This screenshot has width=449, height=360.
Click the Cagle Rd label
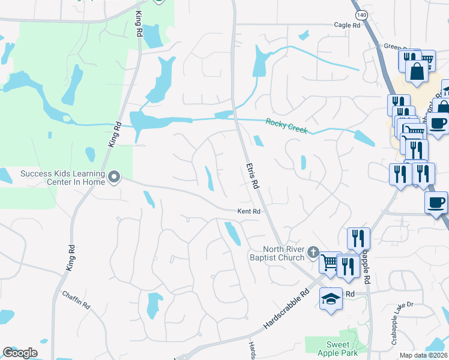click(347, 25)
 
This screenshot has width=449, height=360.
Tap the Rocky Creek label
click(286, 126)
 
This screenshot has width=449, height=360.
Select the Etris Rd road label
click(252, 176)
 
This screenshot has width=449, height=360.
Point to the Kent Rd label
click(249, 212)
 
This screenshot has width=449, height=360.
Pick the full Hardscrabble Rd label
click(286, 311)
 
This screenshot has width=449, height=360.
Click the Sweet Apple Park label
click(338, 348)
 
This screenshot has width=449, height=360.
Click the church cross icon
click(313, 253)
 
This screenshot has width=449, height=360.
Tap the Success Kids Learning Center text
click(62, 178)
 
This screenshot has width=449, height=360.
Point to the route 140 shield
click(361, 14)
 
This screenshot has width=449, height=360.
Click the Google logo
click(20, 353)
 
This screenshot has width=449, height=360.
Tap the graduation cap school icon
click(331, 298)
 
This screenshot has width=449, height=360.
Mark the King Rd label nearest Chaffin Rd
click(70, 257)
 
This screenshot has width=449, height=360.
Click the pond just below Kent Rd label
click(232, 233)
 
